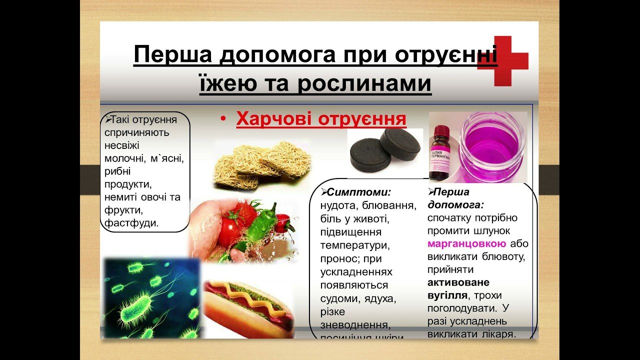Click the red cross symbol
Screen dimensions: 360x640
point(502,60)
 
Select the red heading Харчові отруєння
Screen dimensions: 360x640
point(320,119)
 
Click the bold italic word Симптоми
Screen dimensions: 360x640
point(358,192)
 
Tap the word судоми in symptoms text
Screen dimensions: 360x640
point(341,298)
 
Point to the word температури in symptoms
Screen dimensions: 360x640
point(354,246)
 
